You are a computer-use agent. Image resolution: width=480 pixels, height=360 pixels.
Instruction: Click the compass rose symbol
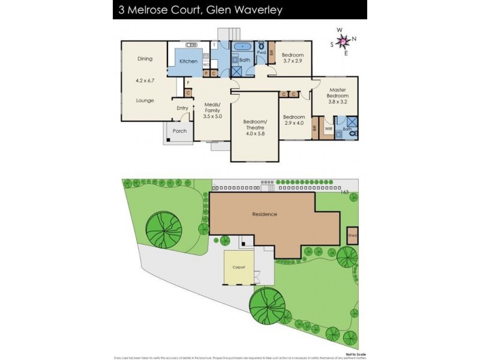point(343,41)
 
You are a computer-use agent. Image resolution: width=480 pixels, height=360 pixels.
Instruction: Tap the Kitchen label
point(188,61)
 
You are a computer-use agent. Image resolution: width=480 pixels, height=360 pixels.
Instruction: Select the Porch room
point(179,131)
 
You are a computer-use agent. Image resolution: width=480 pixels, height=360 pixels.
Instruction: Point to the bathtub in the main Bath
point(245,46)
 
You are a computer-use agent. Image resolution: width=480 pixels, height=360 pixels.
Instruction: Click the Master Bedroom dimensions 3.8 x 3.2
point(337,102)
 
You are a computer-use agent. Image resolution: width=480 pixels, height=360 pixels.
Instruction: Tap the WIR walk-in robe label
point(329,128)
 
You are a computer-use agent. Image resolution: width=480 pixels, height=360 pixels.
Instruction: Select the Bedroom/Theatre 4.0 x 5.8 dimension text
point(255,134)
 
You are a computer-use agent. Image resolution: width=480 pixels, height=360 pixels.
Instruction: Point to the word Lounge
point(145,100)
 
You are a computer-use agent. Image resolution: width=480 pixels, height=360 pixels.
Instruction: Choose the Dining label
point(145,59)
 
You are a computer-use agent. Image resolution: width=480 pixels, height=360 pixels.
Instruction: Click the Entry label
point(182,108)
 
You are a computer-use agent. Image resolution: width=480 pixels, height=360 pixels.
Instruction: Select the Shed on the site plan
point(352,236)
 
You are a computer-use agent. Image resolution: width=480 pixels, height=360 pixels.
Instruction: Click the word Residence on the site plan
point(264,214)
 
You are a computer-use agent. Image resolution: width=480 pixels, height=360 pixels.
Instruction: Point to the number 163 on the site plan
point(344,192)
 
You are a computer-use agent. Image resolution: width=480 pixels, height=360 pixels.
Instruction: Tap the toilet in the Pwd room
point(262,46)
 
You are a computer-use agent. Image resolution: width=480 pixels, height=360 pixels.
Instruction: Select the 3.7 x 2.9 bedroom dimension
point(293,61)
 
